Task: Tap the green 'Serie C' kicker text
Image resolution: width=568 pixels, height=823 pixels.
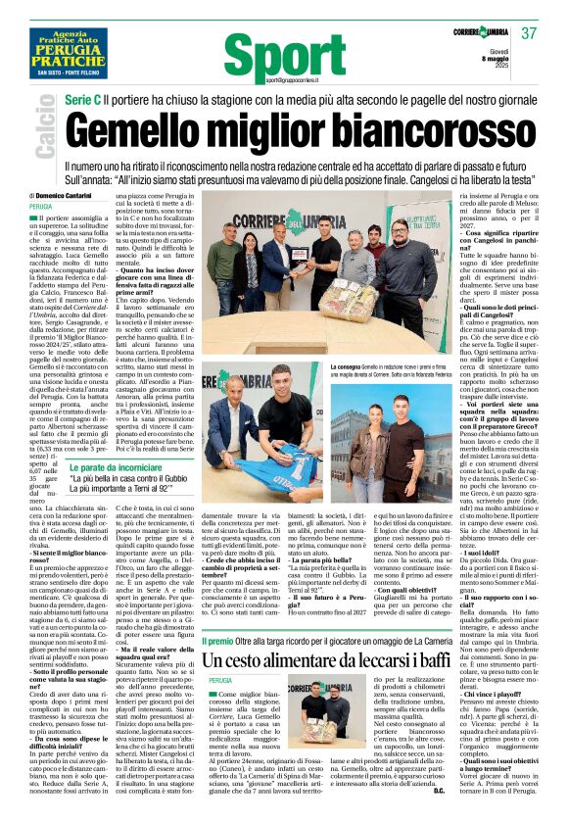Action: [86, 103]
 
